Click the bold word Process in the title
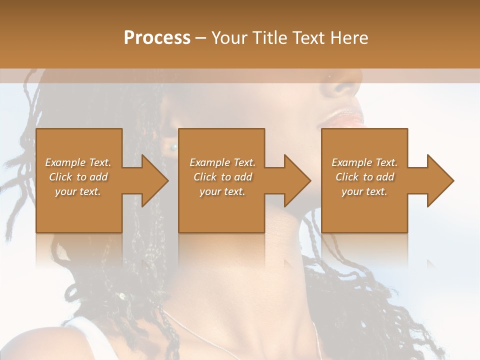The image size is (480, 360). (x=157, y=37)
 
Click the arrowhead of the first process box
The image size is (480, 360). (x=155, y=180)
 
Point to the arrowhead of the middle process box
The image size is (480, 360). (x=297, y=180)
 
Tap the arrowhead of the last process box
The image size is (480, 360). (x=440, y=180)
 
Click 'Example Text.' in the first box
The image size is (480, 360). (x=78, y=162)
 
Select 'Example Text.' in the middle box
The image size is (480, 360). (x=222, y=162)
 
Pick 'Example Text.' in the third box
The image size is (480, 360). (x=364, y=162)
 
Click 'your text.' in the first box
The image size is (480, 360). (x=78, y=191)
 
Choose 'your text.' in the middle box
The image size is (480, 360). (x=222, y=191)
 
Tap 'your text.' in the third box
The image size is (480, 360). (x=364, y=191)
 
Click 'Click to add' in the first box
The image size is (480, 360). (x=78, y=177)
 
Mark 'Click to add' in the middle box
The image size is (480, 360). (x=222, y=177)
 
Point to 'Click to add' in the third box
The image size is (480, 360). (x=364, y=177)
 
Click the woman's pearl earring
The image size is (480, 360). (x=174, y=147)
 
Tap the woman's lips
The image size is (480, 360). (x=344, y=118)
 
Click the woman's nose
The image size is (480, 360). (x=345, y=87)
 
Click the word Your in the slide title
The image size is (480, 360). (x=229, y=37)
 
